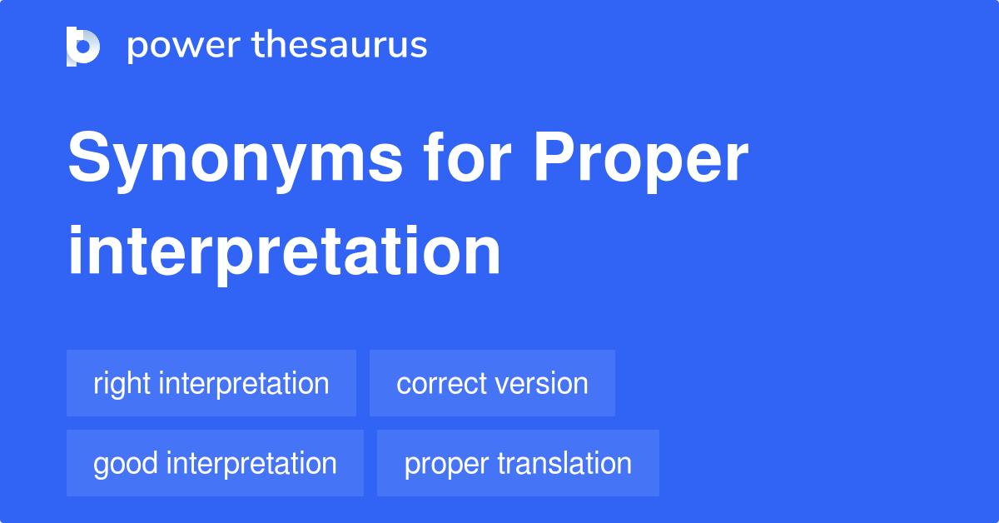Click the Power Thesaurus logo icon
click(83, 46)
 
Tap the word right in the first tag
click(122, 384)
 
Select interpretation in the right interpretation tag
click(244, 384)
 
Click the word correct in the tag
click(441, 384)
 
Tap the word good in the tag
click(125, 464)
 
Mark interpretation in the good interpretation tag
click(251, 464)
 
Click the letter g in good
click(101, 466)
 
